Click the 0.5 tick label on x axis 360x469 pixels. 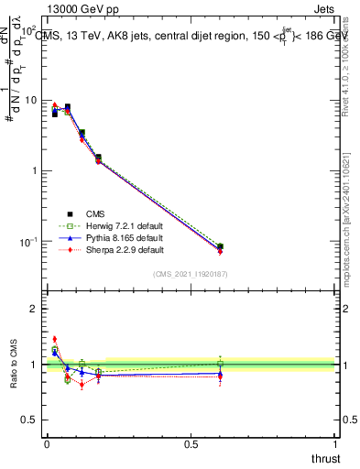tap(191, 444)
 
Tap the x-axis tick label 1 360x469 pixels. tap(335, 444)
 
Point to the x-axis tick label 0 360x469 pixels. tap(47, 444)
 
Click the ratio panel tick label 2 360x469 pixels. tap(36, 309)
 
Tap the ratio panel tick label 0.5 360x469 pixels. tap(31, 420)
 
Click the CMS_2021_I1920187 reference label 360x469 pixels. tap(191, 275)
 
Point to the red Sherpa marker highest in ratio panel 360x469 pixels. tap(54, 339)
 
